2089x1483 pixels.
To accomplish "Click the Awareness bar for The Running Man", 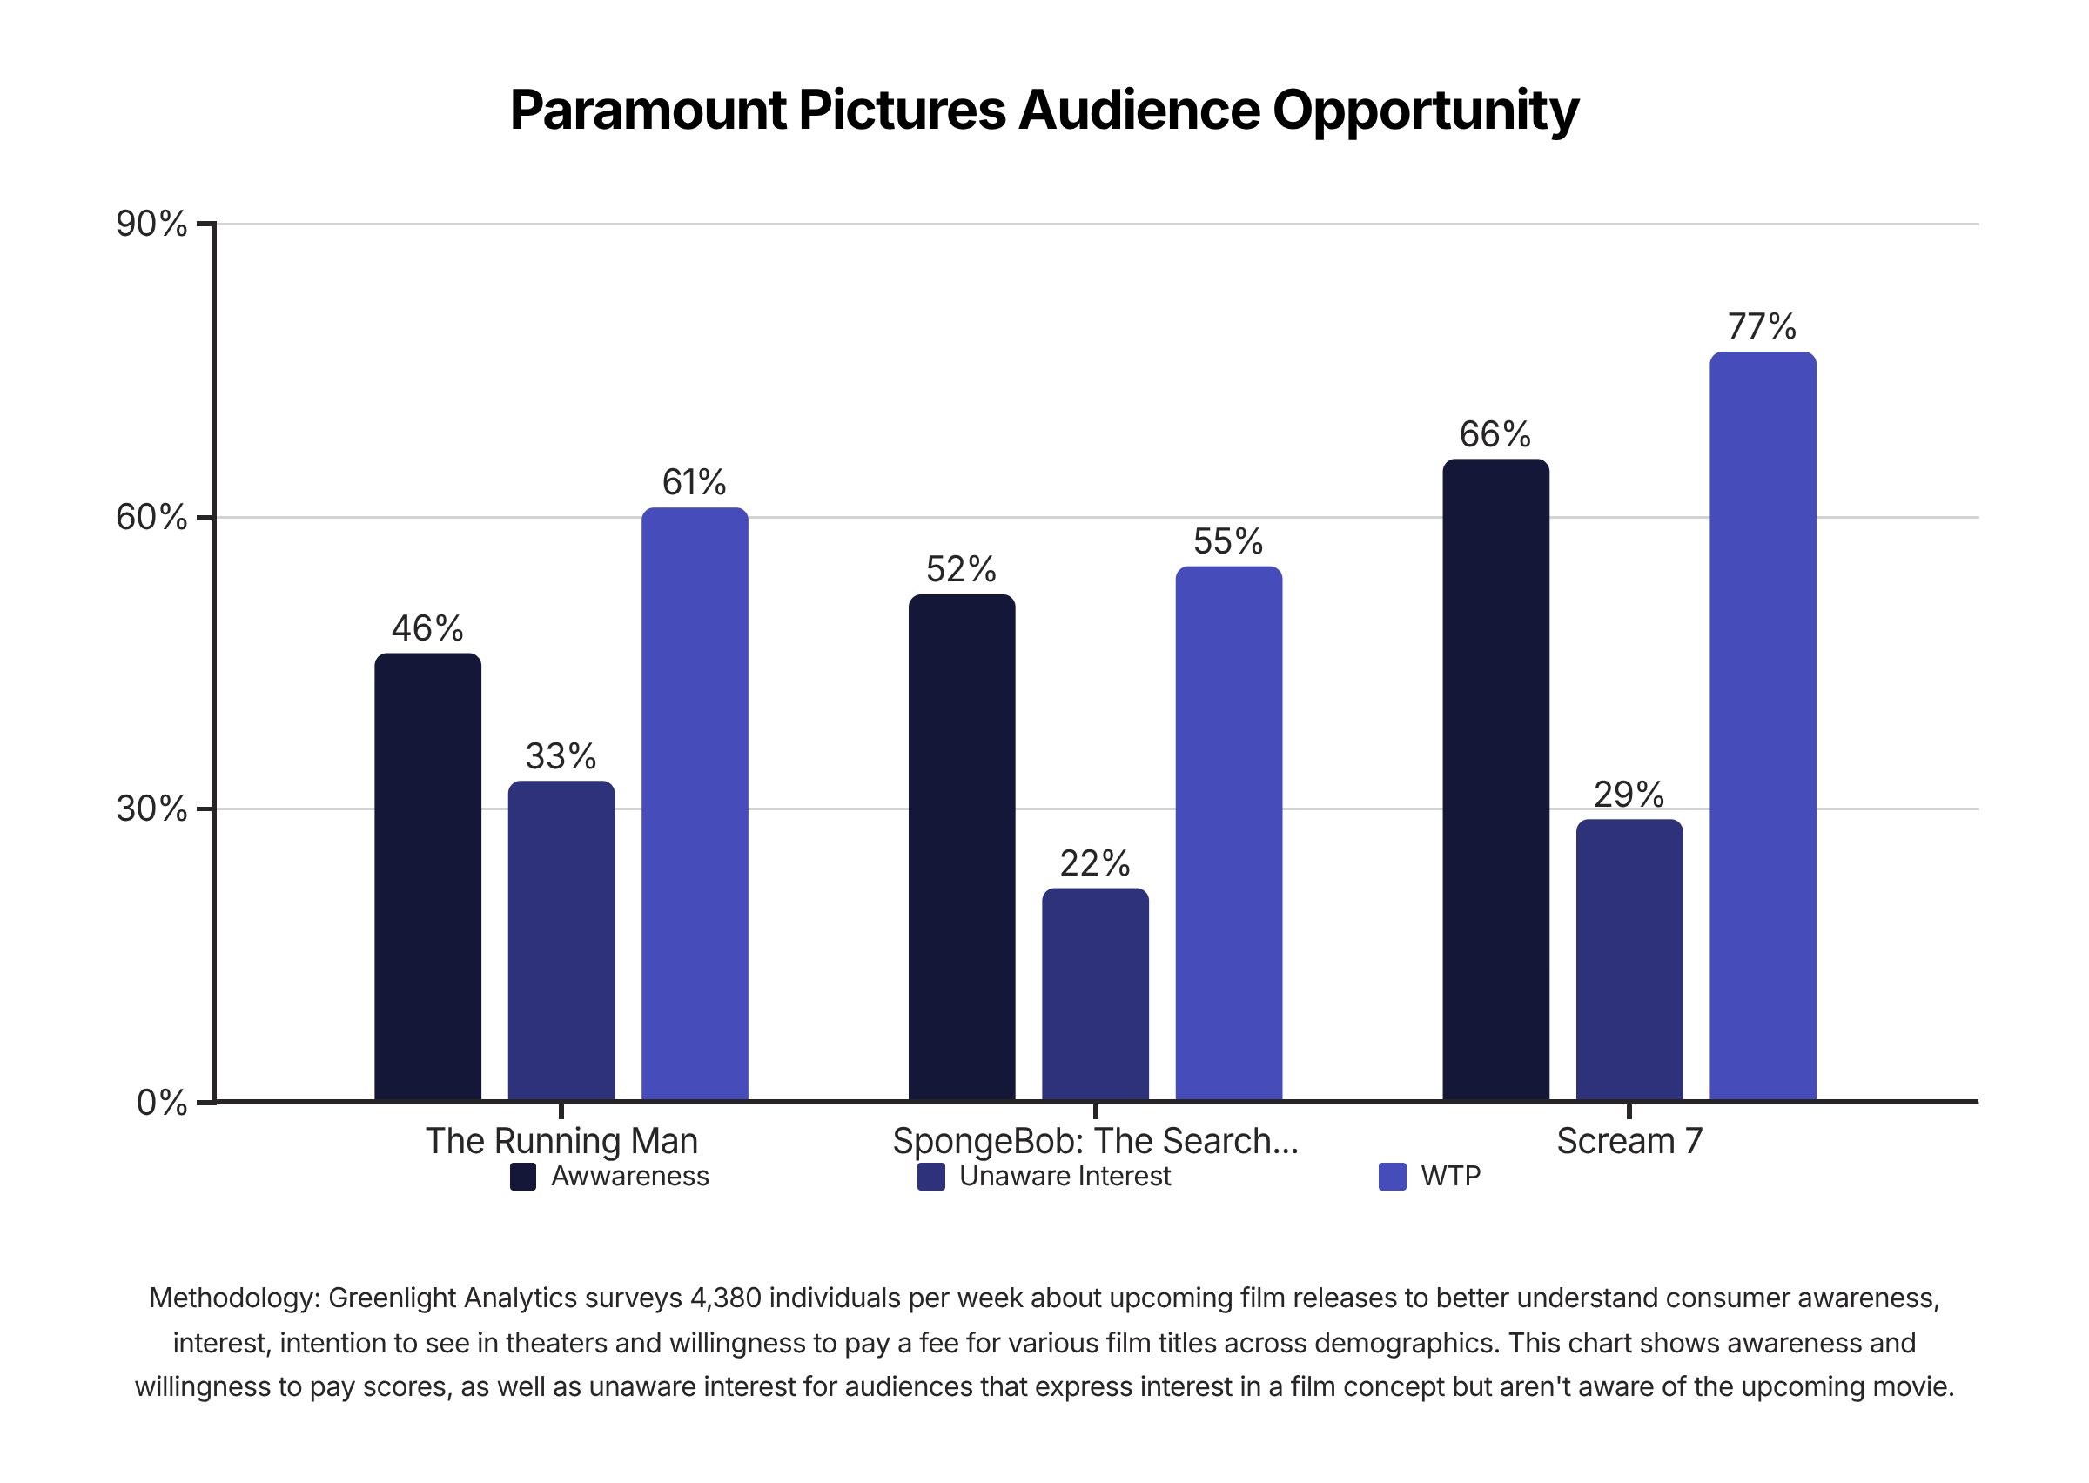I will pos(427,876).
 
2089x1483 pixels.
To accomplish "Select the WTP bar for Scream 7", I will pos(1762,726).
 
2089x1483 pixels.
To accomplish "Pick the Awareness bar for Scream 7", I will pos(1495,780).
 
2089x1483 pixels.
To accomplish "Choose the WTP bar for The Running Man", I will pos(695,803).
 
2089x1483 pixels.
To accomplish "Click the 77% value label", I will pos(1762,326).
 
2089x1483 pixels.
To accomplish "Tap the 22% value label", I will pos(1095,863).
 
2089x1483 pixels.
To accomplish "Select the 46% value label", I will pos(427,628).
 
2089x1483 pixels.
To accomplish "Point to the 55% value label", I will pos(1228,541).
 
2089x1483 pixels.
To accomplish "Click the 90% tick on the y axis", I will pos(151,224).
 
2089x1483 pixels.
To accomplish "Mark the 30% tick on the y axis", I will pos(151,809).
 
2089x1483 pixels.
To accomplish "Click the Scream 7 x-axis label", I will pos(1629,1142).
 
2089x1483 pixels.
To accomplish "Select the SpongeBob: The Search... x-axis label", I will pos(1095,1142).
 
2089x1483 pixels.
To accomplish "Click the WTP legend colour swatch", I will pos(1392,1177).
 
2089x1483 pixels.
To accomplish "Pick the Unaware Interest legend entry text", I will pos(1065,1176).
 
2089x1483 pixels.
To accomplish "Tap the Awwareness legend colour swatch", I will pos(522,1177).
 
